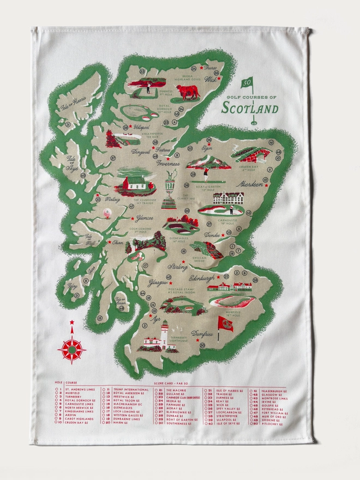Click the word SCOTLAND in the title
click(x=249, y=107)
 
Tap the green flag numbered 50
click(x=247, y=82)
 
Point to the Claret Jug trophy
click(x=171, y=188)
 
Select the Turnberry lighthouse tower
click(x=164, y=333)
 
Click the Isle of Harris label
click(x=75, y=106)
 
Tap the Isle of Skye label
click(x=73, y=163)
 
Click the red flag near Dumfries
click(x=225, y=323)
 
